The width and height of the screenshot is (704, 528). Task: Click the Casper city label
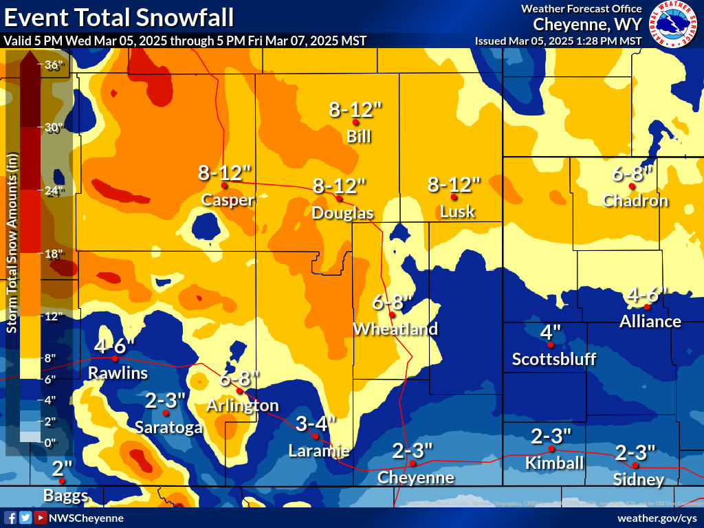(x=228, y=200)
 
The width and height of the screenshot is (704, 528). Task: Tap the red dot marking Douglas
(x=338, y=198)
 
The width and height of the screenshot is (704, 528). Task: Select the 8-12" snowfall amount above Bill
(x=355, y=109)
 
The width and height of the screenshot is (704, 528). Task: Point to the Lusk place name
(x=457, y=211)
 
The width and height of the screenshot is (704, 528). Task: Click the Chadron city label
(x=635, y=201)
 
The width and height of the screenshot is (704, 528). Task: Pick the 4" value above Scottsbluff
(x=548, y=333)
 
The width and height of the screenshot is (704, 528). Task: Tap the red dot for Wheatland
(x=391, y=315)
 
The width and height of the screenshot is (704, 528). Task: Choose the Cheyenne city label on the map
(x=416, y=477)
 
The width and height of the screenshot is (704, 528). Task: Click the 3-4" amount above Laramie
(x=316, y=423)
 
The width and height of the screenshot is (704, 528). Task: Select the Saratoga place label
(x=169, y=427)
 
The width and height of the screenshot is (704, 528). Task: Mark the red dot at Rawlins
(x=115, y=358)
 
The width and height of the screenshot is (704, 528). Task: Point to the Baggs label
(x=65, y=495)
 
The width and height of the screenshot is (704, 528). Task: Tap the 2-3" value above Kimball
(x=551, y=436)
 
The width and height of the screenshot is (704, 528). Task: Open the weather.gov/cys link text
(x=657, y=518)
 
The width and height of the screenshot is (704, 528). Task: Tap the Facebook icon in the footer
(x=10, y=518)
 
